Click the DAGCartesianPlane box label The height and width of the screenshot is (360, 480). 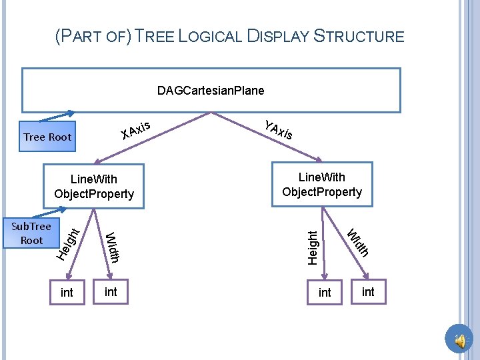pyautogui.click(x=211, y=90)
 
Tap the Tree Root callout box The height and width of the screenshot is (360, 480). pyautogui.click(x=47, y=137)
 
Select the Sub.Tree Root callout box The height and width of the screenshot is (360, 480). pyautogui.click(x=31, y=233)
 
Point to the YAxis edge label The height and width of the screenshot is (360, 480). pyautogui.click(x=278, y=129)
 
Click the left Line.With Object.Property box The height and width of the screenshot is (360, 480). pyautogui.click(x=94, y=187)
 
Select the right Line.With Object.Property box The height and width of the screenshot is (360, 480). pyautogui.click(x=321, y=185)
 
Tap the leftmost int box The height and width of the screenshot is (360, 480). pyautogui.click(x=67, y=293)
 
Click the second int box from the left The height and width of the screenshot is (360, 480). pyautogui.click(x=111, y=291)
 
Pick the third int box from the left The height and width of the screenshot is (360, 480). pyautogui.click(x=325, y=293)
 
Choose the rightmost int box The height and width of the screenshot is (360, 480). pyautogui.click(x=368, y=291)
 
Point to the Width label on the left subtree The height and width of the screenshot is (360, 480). pyautogui.click(x=112, y=247)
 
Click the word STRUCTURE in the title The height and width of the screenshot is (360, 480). pyautogui.click(x=359, y=36)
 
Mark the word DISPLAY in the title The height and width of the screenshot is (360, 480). pyautogui.click(x=279, y=36)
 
